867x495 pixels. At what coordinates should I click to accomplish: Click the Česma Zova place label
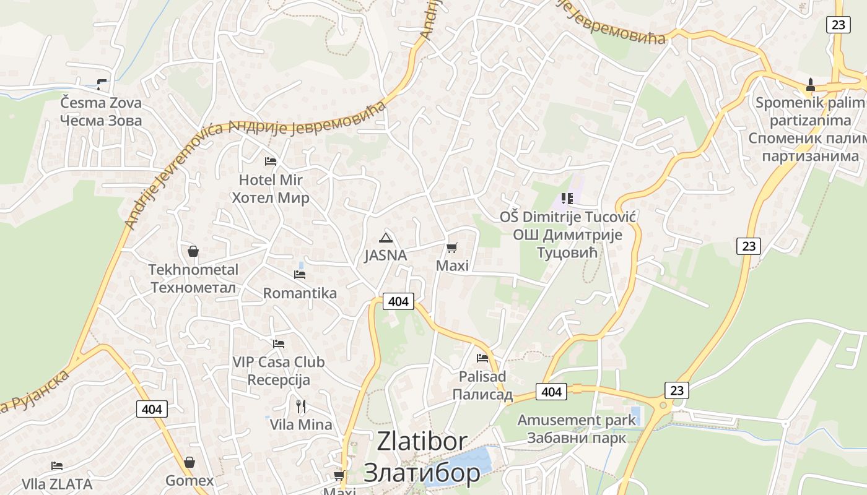(x=101, y=111)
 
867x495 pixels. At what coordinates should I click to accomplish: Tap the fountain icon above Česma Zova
(x=102, y=84)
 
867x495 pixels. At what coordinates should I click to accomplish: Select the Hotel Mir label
(x=271, y=189)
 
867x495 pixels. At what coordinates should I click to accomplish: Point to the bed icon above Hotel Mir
(x=271, y=161)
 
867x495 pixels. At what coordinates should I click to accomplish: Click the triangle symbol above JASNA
(x=386, y=238)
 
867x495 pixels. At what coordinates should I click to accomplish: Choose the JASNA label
(x=385, y=255)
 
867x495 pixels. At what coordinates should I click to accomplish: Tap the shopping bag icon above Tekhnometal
(x=193, y=251)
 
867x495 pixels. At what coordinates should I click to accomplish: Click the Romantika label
(x=300, y=293)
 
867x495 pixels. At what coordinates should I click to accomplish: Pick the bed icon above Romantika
(x=300, y=274)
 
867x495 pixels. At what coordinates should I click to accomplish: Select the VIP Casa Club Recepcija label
(x=278, y=370)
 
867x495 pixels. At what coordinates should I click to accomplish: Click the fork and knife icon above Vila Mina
(x=301, y=407)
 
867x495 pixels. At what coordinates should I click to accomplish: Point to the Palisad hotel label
(x=482, y=385)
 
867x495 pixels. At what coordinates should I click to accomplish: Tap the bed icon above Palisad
(x=482, y=358)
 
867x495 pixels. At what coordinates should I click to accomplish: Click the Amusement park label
(x=576, y=429)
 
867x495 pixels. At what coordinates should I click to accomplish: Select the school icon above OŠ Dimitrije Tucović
(x=567, y=199)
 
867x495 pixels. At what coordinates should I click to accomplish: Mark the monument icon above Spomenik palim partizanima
(x=810, y=84)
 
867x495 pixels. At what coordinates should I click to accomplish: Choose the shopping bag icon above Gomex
(x=190, y=463)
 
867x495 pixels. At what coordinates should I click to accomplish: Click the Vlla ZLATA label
(x=57, y=483)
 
